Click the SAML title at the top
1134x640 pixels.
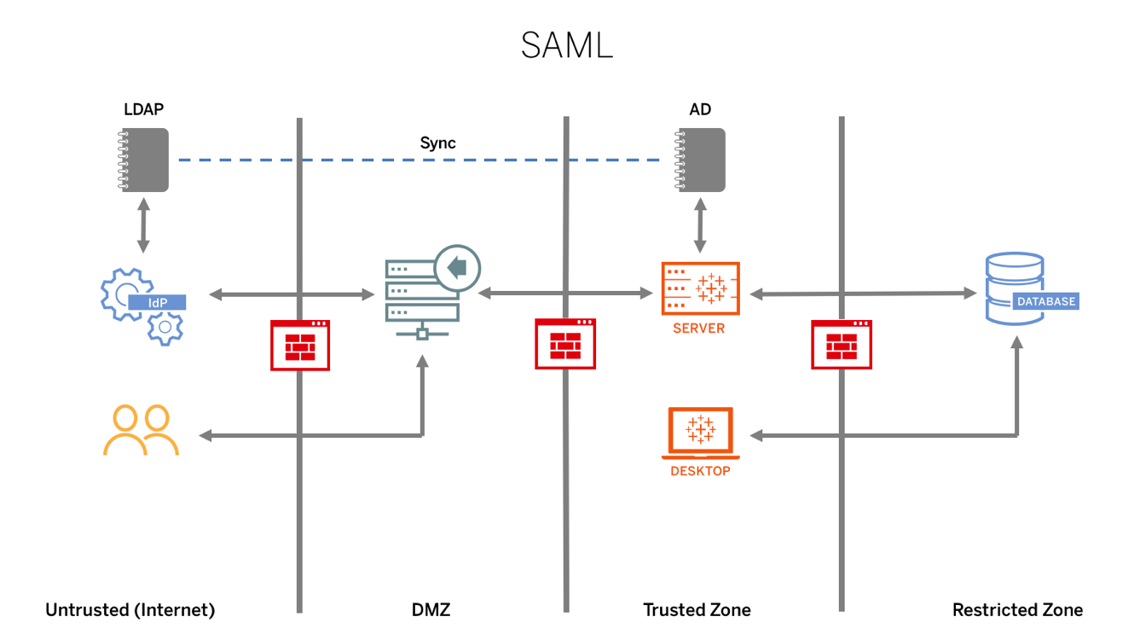point(567,45)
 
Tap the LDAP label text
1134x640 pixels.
point(143,109)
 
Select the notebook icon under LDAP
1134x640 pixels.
point(145,160)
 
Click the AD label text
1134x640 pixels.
point(700,109)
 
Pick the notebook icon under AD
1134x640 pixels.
point(701,160)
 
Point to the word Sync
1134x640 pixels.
point(438,143)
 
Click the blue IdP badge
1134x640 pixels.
point(158,302)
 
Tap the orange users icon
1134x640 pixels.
point(141,430)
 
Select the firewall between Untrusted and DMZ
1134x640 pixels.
point(300,345)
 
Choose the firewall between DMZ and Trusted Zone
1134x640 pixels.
point(565,344)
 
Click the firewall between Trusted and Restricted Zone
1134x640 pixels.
point(842,345)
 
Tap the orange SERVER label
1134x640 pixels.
point(699,329)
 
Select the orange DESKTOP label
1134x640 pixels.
point(700,470)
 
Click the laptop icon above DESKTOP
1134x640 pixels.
point(700,432)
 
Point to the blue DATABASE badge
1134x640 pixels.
point(1046,301)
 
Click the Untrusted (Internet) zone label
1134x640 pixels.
point(130,610)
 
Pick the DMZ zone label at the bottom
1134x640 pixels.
point(431,610)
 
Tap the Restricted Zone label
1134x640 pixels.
point(1017,610)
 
